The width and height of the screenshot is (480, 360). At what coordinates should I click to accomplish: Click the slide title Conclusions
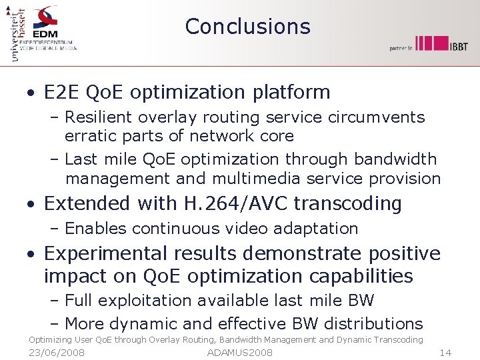coord(247,26)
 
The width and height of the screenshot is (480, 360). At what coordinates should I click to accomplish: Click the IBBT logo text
coord(459,46)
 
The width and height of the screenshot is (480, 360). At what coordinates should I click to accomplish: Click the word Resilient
coord(98,117)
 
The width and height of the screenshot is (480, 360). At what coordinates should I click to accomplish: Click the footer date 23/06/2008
coord(57,352)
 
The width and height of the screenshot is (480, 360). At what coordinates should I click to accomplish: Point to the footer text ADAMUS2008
coord(240,352)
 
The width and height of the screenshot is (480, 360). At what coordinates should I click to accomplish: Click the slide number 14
coord(446,352)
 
